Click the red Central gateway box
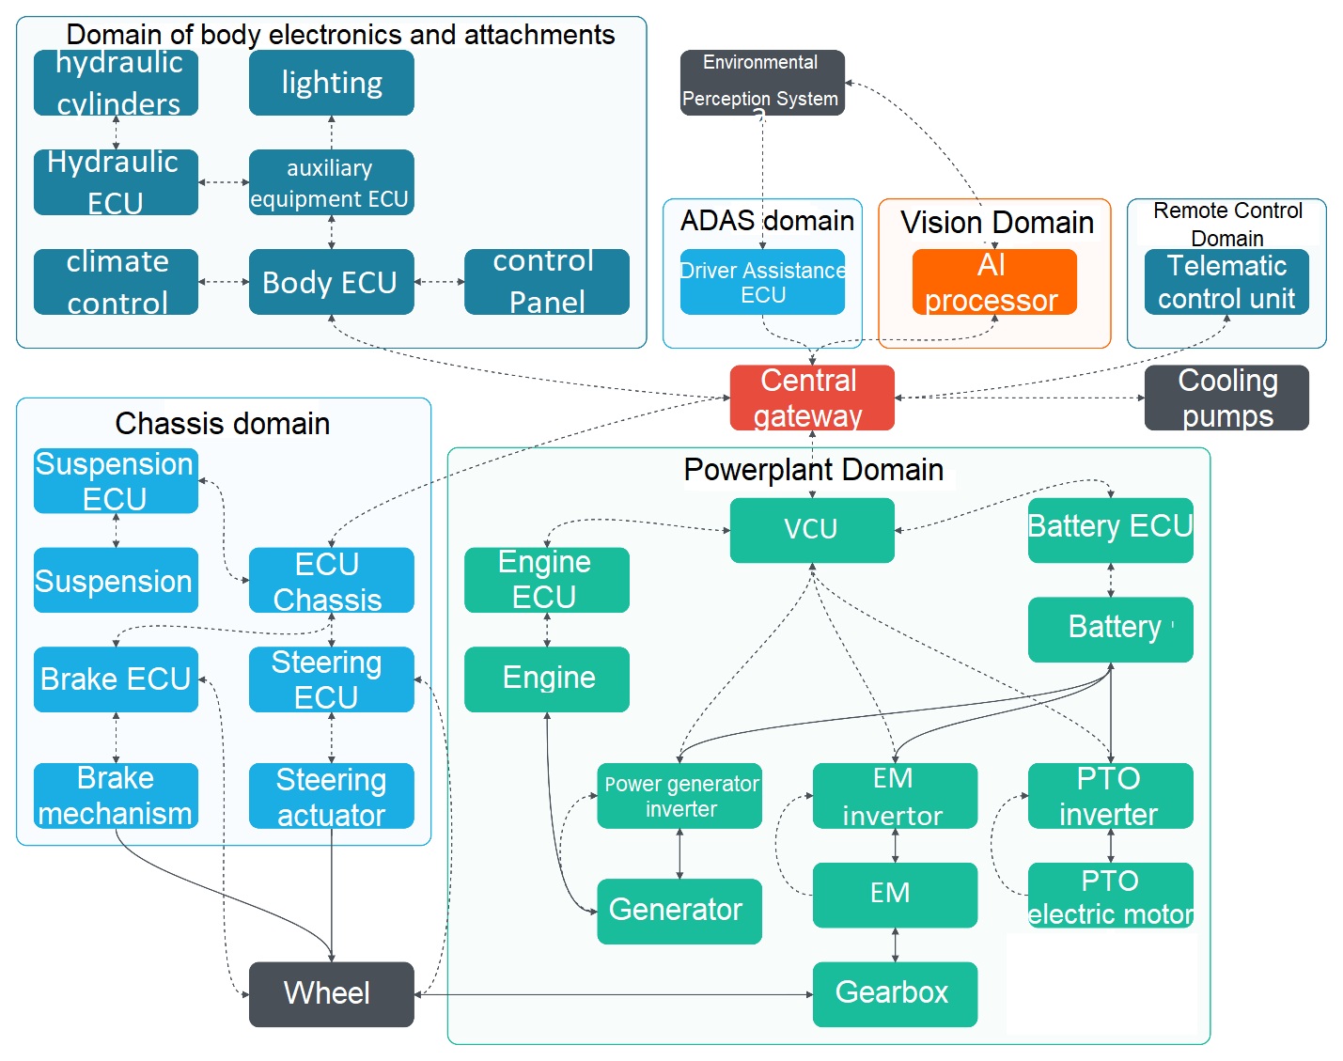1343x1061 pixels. coord(811,398)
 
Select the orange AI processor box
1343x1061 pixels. coord(993,282)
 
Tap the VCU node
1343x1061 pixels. coord(811,530)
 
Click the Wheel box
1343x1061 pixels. coord(331,993)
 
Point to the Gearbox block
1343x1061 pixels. coord(894,993)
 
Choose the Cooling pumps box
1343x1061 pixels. coord(1226,398)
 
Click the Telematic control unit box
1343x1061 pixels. coord(1226,282)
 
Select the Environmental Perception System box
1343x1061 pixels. coord(761,83)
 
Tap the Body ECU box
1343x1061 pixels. coord(331,282)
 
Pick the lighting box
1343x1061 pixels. coord(331,83)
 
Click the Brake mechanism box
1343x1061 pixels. coord(116,795)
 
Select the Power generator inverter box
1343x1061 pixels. coord(679,795)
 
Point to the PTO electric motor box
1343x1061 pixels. coord(1110,896)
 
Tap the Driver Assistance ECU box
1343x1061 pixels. coord(761,282)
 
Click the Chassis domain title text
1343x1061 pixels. coord(222,424)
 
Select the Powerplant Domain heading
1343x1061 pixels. coord(813,470)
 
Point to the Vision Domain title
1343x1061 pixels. coord(996,223)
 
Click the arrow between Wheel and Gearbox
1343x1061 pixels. coord(611,994)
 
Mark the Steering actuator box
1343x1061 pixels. coord(331,795)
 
